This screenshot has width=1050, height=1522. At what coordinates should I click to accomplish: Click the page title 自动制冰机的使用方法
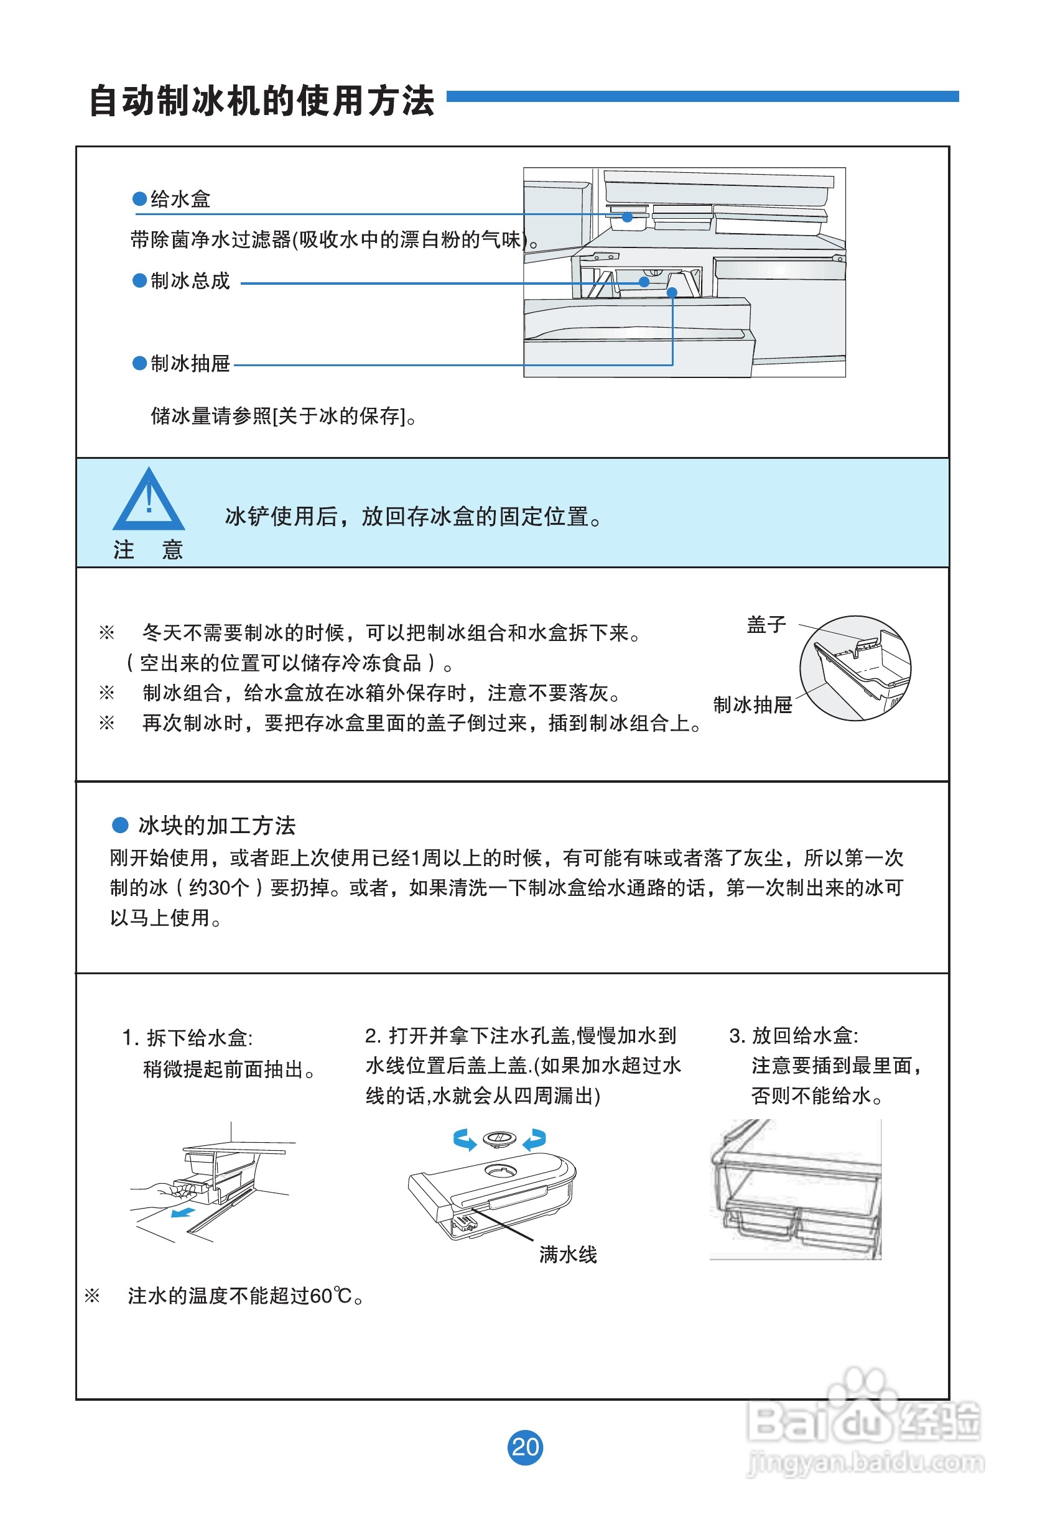click(x=261, y=101)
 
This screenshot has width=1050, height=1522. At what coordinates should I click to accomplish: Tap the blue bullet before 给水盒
click(x=139, y=198)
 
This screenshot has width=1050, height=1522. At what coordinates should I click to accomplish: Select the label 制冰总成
click(x=190, y=281)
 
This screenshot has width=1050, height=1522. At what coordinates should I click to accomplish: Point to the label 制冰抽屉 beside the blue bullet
click(x=190, y=363)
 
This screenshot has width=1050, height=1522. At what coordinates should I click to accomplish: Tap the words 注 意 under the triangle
click(x=148, y=550)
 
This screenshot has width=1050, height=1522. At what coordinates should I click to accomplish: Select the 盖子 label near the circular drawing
click(x=766, y=625)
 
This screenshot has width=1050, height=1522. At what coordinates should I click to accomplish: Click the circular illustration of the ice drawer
click(x=855, y=668)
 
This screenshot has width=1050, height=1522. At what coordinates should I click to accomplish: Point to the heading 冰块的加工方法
click(x=216, y=825)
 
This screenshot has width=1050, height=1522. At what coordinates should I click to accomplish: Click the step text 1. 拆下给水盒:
click(x=187, y=1038)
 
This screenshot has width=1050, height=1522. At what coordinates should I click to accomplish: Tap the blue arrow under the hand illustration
click(x=182, y=1212)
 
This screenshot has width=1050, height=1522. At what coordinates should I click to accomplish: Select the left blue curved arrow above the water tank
click(x=465, y=1140)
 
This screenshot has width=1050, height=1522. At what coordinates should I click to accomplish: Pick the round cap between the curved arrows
click(x=499, y=1138)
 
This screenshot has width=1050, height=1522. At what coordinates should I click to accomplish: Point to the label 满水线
click(x=568, y=1255)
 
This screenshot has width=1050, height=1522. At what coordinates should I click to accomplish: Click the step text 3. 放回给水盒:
click(x=794, y=1035)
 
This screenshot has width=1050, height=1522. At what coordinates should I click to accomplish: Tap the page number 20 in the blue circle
click(x=525, y=1446)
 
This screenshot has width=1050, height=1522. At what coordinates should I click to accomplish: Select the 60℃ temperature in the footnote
click(x=330, y=1296)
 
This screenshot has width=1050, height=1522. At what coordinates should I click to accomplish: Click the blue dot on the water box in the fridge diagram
click(x=627, y=217)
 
